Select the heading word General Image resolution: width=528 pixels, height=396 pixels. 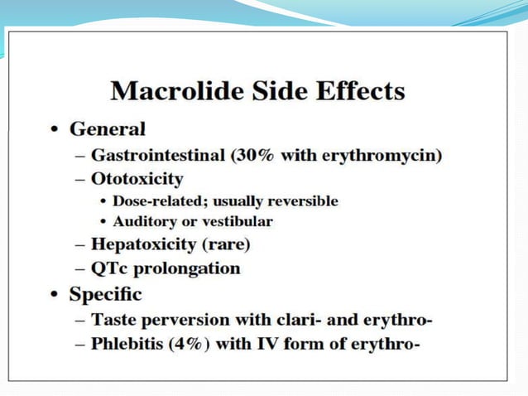point(108,129)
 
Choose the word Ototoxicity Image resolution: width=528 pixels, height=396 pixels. point(137,178)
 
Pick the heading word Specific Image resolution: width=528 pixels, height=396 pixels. point(106,294)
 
